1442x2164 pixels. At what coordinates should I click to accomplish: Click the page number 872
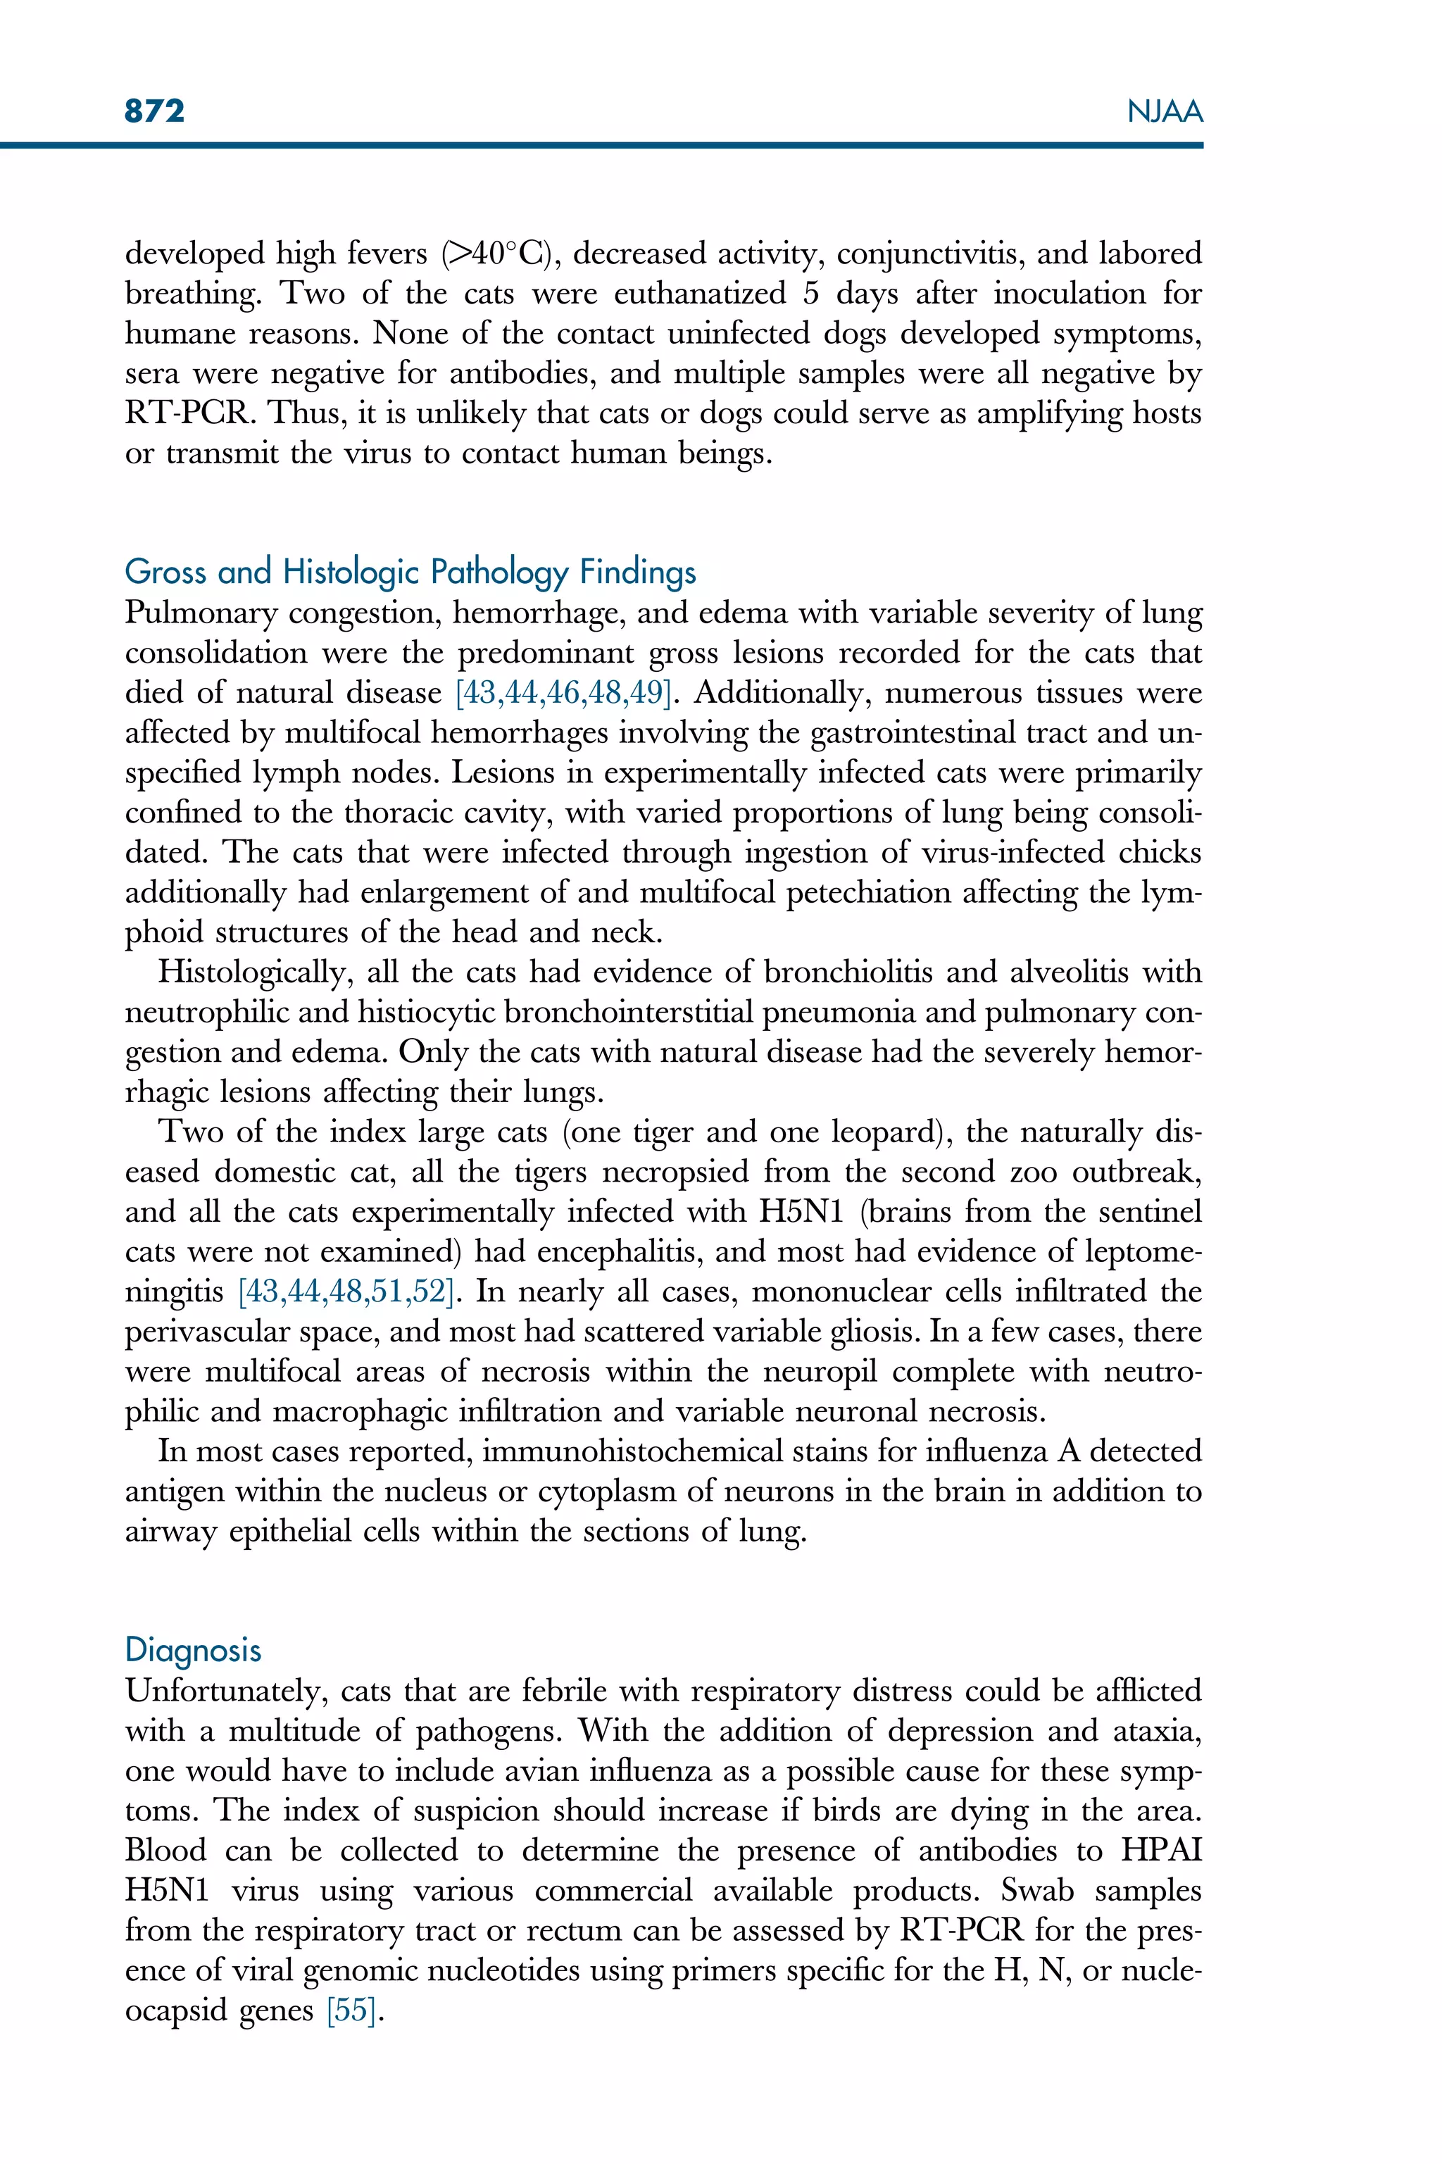click(154, 111)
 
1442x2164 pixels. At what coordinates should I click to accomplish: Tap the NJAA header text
click(1165, 112)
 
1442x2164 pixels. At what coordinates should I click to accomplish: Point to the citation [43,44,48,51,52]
click(346, 1291)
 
